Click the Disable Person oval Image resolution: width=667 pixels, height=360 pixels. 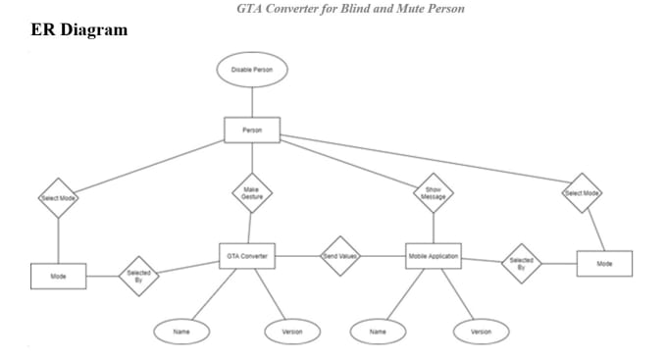coord(252,70)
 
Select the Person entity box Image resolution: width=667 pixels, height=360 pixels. coord(252,129)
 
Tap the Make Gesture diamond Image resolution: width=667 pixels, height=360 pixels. coord(252,193)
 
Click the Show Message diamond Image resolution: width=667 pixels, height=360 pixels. coord(433,193)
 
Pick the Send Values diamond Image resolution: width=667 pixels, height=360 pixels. coord(341,256)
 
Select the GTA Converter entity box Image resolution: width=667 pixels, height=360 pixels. coord(246,256)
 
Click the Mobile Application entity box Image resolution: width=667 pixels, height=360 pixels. coord(433,256)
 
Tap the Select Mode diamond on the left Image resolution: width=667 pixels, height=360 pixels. coord(58,198)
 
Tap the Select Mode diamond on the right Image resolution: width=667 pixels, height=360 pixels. coord(582,193)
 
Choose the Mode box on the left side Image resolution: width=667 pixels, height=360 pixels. coord(58,277)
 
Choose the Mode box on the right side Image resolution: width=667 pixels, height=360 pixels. coord(604,263)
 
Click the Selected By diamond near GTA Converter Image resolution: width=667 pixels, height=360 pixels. coord(138,276)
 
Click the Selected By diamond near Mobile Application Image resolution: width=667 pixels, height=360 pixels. coord(521,262)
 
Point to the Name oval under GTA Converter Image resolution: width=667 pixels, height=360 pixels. coord(181,333)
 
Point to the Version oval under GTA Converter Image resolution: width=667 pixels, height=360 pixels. coord(292,333)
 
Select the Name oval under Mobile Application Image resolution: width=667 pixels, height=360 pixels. coord(378,333)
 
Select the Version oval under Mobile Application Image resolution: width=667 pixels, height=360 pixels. coord(481,333)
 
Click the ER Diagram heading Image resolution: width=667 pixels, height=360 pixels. coord(79,30)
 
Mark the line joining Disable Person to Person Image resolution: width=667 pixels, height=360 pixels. coord(252,102)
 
